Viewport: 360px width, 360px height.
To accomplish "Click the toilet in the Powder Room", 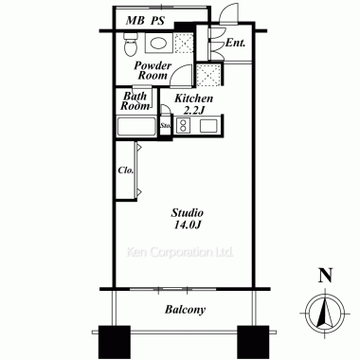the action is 131,44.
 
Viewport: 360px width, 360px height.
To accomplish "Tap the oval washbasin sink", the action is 158,43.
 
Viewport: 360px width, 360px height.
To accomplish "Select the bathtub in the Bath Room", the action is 136,127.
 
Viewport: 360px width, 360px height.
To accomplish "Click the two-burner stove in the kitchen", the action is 183,125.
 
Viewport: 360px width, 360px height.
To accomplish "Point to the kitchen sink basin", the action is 208,126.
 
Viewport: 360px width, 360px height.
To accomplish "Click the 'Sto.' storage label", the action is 166,125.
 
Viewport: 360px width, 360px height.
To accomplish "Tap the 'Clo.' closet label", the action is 126,171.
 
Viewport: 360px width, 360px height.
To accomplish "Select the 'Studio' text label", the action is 188,213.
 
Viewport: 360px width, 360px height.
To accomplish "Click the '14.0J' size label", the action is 188,225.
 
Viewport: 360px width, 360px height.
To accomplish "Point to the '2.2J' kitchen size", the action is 194,111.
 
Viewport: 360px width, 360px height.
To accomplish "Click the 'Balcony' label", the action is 185,310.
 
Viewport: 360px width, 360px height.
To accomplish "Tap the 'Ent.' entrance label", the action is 235,43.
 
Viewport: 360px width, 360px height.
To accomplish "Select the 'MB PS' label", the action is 145,21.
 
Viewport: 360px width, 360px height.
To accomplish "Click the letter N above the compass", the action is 325,276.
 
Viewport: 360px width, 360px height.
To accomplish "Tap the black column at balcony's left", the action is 115,342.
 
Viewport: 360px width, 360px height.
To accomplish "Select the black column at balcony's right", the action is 253,342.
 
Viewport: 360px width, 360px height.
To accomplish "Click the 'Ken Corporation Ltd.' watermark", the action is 180,252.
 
